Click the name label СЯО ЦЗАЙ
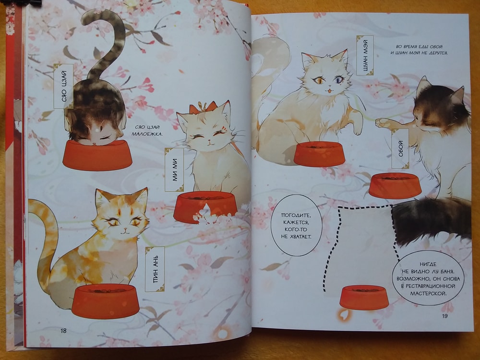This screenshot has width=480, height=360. (x=63, y=86)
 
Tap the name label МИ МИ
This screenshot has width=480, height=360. (x=174, y=169)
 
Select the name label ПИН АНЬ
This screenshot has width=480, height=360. (x=155, y=269)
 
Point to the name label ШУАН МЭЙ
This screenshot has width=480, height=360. (x=365, y=55)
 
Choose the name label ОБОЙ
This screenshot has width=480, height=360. (x=400, y=149)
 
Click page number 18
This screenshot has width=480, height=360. (x=63, y=331)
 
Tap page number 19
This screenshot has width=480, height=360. (x=445, y=316)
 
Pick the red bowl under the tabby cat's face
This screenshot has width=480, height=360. (x=97, y=155)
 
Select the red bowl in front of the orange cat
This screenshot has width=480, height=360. (x=105, y=301)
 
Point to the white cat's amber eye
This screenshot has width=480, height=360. (x=319, y=81)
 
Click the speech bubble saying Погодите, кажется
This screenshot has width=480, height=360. (x=296, y=225)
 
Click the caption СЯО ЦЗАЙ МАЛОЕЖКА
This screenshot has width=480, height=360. (x=147, y=130)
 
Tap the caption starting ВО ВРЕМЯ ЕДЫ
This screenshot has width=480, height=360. (x=419, y=49)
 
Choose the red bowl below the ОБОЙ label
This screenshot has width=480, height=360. (x=395, y=185)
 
